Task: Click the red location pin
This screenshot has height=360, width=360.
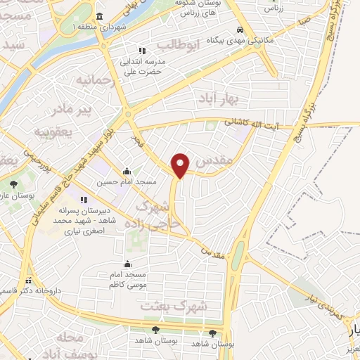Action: click(181, 165)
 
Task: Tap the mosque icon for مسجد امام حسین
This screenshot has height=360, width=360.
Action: click(127, 171)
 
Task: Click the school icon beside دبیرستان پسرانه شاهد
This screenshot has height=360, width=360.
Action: click(83, 199)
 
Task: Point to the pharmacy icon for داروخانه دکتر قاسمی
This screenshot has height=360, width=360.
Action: click(29, 279)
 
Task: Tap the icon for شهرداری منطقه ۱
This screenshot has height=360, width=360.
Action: click(98, 16)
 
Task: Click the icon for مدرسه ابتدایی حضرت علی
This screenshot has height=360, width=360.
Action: click(141, 51)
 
